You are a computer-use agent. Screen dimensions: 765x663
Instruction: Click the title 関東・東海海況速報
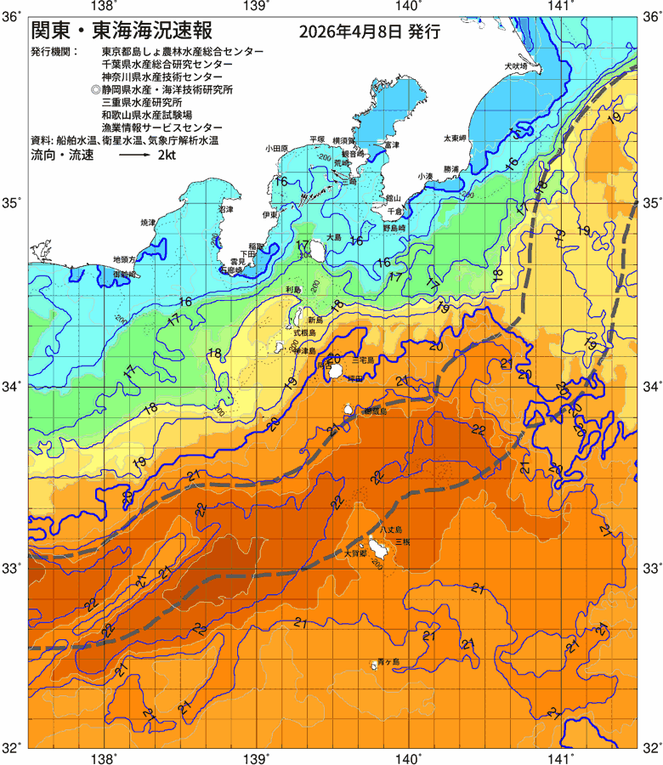click(x=120, y=32)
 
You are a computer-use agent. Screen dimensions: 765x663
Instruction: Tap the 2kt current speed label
click(x=166, y=156)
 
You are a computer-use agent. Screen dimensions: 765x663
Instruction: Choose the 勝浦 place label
click(x=450, y=169)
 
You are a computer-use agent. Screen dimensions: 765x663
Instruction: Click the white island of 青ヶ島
click(x=373, y=663)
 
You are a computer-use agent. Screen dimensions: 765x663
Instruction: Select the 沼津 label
click(x=225, y=208)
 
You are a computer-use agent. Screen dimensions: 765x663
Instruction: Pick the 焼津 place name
click(x=149, y=223)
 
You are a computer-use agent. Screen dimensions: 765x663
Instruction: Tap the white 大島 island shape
click(x=318, y=250)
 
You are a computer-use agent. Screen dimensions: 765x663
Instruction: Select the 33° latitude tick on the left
click(x=13, y=567)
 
